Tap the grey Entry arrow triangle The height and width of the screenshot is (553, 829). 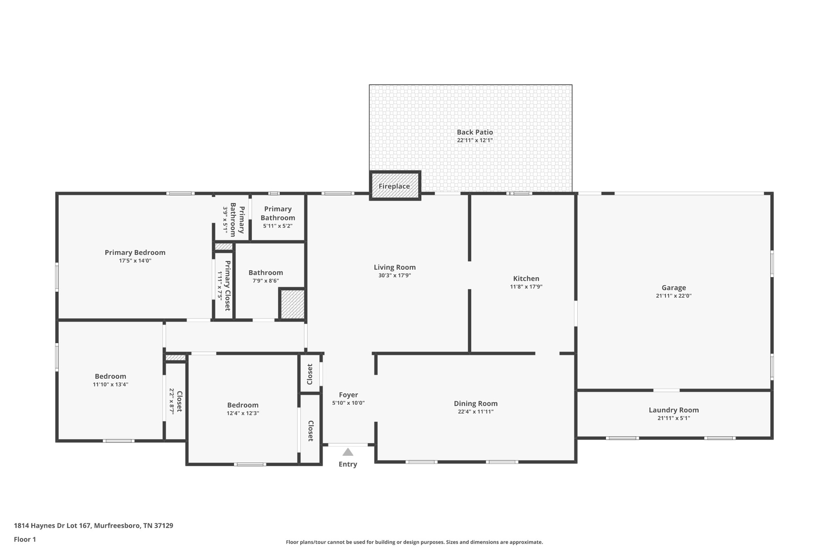point(348,452)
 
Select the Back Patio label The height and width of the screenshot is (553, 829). point(475,132)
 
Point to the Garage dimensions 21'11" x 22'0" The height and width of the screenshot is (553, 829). point(674,296)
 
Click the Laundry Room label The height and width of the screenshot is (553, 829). point(674,410)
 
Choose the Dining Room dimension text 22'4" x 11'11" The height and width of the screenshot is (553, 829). point(476,412)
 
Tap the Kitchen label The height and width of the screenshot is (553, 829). point(526,278)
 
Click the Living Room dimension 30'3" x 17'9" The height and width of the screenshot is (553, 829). point(395,275)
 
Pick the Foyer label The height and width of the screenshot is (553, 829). point(349,395)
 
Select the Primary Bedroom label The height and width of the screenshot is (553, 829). point(135,252)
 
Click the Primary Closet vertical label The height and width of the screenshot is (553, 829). point(227,286)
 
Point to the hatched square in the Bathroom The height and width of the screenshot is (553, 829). point(292,304)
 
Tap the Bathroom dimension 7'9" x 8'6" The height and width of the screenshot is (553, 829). point(266,281)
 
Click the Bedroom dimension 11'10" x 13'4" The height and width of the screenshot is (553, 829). point(111,384)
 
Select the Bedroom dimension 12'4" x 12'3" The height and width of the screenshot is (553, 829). point(243,413)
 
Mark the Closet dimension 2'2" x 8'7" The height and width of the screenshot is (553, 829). point(172,401)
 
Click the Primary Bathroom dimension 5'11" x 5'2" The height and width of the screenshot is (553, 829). point(278,226)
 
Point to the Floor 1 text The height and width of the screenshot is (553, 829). point(25,539)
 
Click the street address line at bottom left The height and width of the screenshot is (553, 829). point(94,525)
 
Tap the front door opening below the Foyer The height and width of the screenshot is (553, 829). point(348,445)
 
